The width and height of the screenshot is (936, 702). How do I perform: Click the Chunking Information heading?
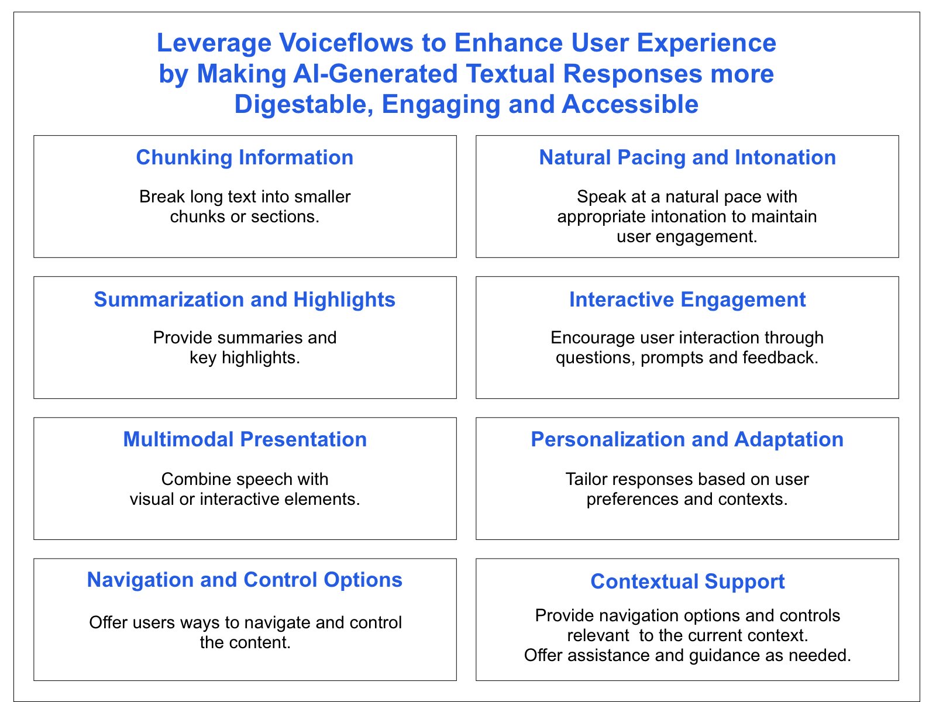[245, 157]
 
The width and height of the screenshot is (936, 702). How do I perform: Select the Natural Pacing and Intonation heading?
[687, 157]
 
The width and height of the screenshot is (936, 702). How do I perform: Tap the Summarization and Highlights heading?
[245, 299]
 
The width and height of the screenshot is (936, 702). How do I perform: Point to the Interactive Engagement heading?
[687, 299]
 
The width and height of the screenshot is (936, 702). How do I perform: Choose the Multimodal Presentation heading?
[245, 439]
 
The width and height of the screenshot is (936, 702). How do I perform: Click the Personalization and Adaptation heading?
[687, 439]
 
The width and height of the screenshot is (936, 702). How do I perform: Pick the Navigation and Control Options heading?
[245, 580]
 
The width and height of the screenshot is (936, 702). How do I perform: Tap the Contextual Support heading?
[687, 581]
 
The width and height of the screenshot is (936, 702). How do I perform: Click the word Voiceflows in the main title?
[346, 43]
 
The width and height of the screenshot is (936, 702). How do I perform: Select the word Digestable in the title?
[304, 105]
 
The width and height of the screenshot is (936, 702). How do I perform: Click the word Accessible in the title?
[630, 105]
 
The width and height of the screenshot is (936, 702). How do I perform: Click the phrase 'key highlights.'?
[245, 357]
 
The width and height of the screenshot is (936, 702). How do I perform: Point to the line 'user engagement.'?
[687, 236]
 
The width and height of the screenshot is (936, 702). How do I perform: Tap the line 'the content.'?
[245, 642]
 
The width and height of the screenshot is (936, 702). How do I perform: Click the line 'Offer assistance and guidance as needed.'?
[687, 655]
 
